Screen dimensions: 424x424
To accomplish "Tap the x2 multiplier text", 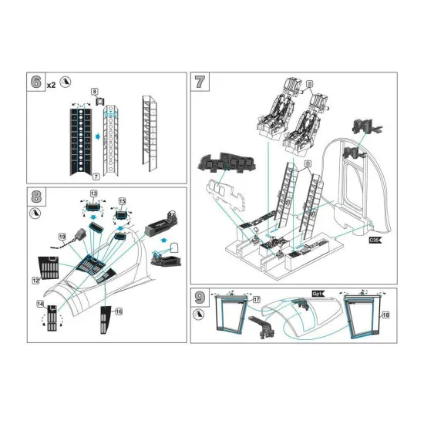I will (51, 84).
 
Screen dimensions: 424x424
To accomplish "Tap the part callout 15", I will (121, 201).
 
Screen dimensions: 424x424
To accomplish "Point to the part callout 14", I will (39, 305).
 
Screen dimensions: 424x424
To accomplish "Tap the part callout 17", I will (257, 298).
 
